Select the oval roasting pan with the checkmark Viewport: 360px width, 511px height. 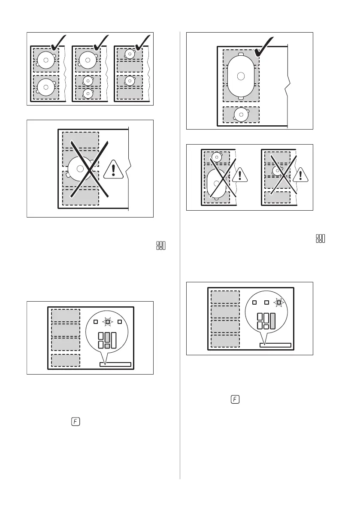[241, 76]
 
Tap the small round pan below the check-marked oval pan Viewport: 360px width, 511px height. [241, 114]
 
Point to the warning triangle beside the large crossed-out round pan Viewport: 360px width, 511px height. [113, 169]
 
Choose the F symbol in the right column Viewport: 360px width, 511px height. [235, 399]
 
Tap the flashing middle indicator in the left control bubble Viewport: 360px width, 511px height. [107, 321]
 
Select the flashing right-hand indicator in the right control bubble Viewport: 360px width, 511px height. [279, 302]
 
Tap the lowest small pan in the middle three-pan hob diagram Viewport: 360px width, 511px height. [88, 93]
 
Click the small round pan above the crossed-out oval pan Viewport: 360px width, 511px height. [218, 157]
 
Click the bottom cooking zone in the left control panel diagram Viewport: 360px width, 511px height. [66, 360]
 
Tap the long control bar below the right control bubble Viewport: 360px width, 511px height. [275, 345]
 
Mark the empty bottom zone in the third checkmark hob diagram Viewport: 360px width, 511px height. [130, 93]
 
